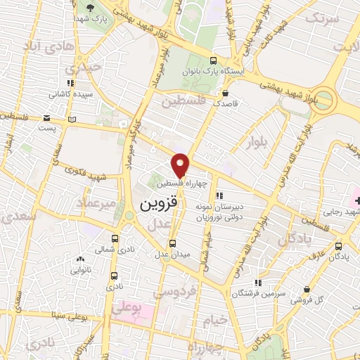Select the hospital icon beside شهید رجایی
click(356, 202)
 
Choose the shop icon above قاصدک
click(225, 93)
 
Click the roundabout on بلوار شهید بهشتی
click(326, 98)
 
